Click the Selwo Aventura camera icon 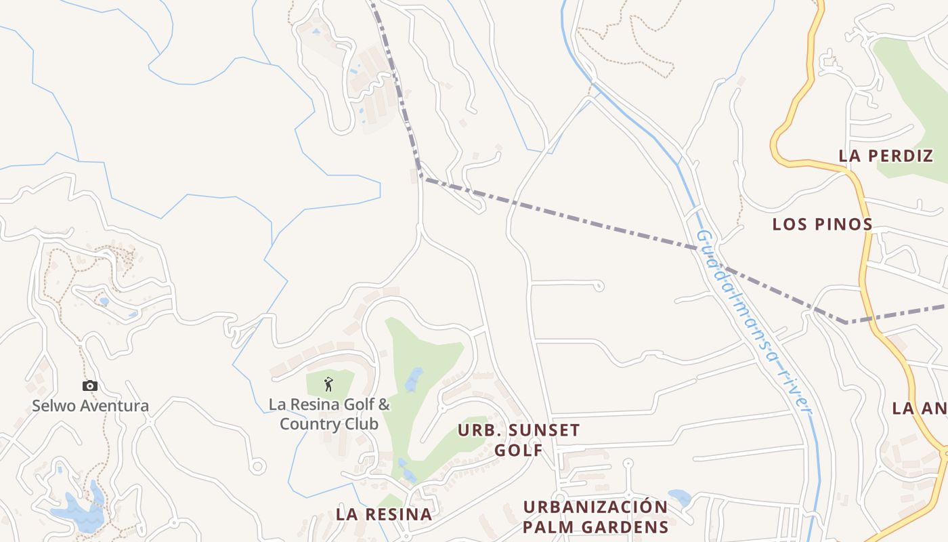tap(89, 386)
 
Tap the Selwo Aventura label tap(90, 406)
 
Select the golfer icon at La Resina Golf tap(329, 384)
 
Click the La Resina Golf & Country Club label tap(329, 415)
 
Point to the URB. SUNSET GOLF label tap(519, 440)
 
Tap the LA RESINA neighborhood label tap(384, 514)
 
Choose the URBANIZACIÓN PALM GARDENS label tap(596, 517)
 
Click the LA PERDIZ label tap(886, 156)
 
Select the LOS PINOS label tap(822, 224)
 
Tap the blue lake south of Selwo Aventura tap(79, 512)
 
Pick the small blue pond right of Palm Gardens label tap(679, 497)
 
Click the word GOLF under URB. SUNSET tap(519, 450)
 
